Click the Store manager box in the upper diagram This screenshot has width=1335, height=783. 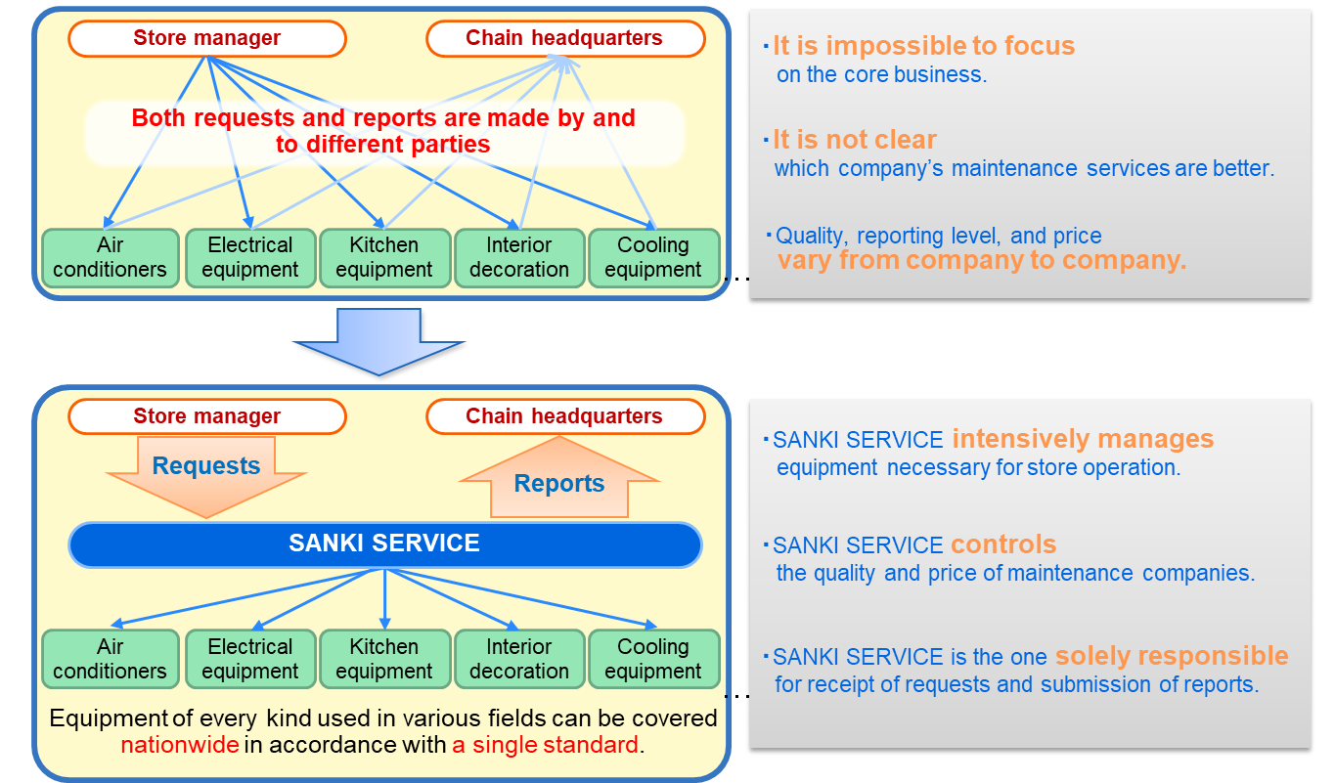206,38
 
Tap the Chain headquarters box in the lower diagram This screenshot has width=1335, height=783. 565,415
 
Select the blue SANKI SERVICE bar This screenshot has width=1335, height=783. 385,544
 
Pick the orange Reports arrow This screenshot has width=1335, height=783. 559,478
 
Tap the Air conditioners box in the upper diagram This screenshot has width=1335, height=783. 111,258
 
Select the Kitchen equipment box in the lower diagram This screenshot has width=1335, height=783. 384,659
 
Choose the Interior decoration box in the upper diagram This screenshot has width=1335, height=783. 519,258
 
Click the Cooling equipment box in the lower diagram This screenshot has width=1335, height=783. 653,659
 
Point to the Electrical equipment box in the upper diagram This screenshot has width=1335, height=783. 250,258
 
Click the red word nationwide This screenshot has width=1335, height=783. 180,745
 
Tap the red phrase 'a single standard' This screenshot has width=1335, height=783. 546,745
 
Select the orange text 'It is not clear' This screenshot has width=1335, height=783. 855,140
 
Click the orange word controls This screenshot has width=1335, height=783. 1003,544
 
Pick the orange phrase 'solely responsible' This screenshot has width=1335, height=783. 1172,656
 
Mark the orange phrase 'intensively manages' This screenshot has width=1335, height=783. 1083,439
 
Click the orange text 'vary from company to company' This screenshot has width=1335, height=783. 981,260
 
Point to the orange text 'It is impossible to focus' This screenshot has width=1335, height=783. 924,46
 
